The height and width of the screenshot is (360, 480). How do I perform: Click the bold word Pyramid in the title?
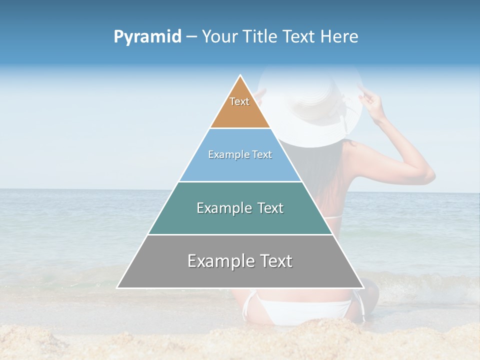click(147, 37)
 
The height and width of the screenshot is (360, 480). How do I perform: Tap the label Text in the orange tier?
click(239, 101)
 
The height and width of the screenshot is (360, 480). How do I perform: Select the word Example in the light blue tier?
click(228, 155)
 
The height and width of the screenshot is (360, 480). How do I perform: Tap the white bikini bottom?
click(300, 310)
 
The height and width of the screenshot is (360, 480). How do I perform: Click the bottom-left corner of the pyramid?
click(117, 287)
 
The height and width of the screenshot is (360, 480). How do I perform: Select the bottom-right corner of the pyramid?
click(363, 287)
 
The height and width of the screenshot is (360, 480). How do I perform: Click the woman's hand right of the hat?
click(369, 97)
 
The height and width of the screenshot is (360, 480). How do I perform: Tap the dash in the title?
click(191, 37)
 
